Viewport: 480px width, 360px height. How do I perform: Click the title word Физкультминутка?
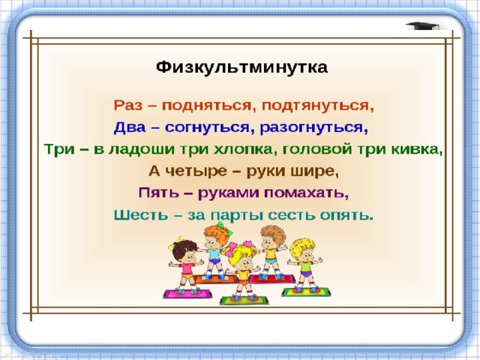coord(241,67)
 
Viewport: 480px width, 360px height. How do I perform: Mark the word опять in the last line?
coord(346,215)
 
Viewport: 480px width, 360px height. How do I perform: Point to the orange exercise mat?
coord(215,279)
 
